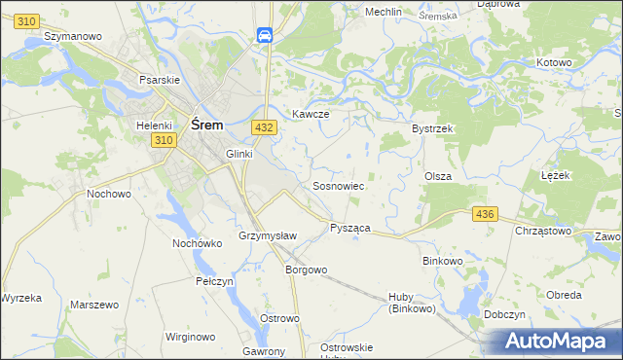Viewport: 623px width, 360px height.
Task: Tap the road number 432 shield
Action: click(x=263, y=127)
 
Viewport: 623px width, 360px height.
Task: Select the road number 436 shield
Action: click(x=484, y=213)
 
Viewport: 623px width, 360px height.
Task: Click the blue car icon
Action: click(x=264, y=36)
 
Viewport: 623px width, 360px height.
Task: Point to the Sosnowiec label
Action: click(x=338, y=185)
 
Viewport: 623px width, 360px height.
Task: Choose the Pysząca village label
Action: click(x=349, y=227)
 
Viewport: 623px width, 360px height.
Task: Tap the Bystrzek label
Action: click(x=433, y=128)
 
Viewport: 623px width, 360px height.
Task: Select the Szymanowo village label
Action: click(x=74, y=35)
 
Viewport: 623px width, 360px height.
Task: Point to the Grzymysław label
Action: click(x=267, y=236)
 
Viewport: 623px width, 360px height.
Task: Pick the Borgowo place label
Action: click(x=305, y=270)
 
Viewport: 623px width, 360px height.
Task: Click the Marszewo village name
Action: click(x=94, y=305)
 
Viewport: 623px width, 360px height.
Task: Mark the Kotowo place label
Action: click(x=554, y=62)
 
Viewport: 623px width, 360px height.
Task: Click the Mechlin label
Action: click(x=383, y=12)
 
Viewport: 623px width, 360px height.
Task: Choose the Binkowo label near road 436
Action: click(x=446, y=261)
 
